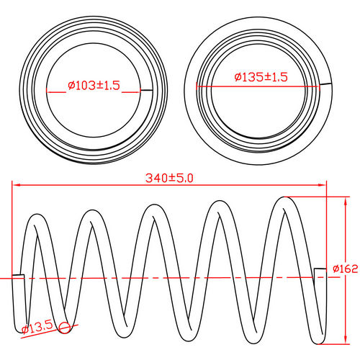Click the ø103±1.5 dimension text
click(x=94, y=85)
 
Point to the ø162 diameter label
click(x=345, y=269)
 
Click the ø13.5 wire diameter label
click(x=37, y=328)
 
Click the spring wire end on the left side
click(x=19, y=276)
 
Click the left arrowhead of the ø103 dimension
click(x=49, y=90)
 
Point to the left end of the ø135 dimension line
click(x=197, y=86)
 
